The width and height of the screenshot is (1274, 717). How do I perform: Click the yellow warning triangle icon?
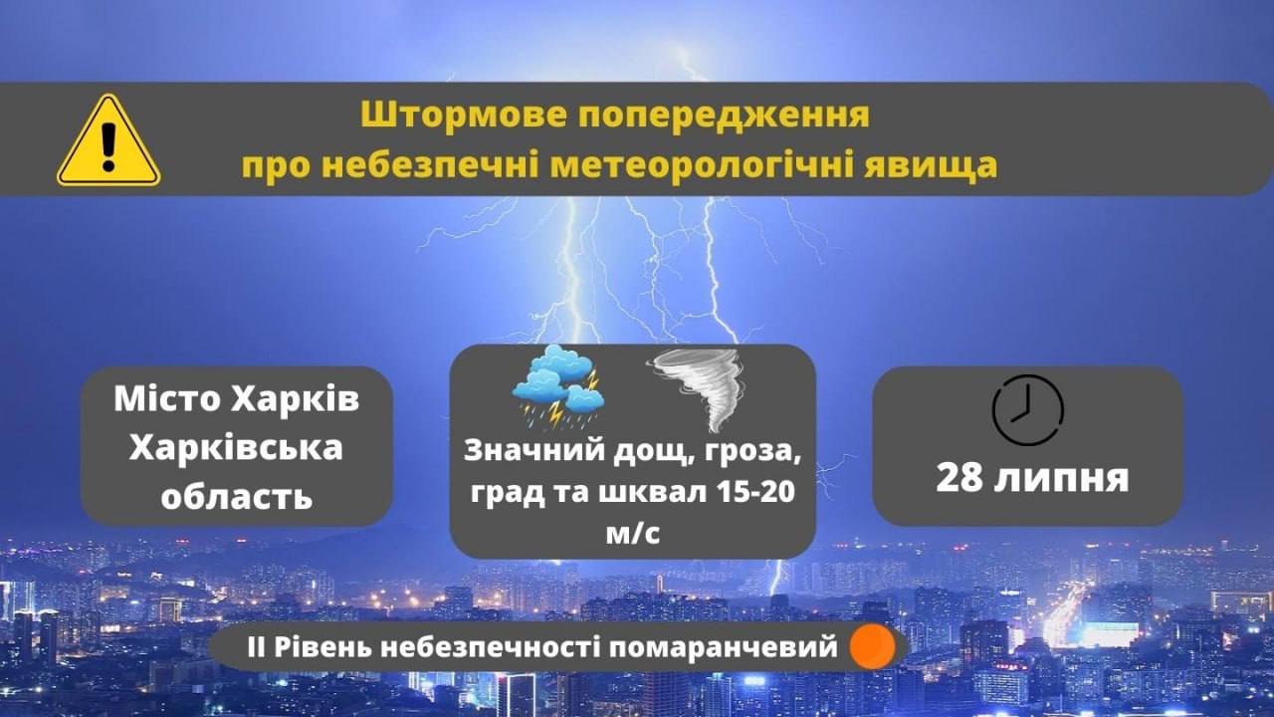pos(108,140)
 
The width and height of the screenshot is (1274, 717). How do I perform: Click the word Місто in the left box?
pos(166,399)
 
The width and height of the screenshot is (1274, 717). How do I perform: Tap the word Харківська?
pos(236,448)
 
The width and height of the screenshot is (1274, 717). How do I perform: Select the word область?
pos(237,496)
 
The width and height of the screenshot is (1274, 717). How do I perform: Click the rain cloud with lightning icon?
pos(557,387)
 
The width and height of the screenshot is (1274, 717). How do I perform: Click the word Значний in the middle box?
pos(533,451)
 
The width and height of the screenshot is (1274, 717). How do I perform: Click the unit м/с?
pos(632,534)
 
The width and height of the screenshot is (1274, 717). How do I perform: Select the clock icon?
pos(1028,409)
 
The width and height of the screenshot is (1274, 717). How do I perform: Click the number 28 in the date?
pos(959,478)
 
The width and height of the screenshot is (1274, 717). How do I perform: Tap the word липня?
pos(1061,479)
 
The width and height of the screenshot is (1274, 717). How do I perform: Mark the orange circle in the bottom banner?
pos(873,646)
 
